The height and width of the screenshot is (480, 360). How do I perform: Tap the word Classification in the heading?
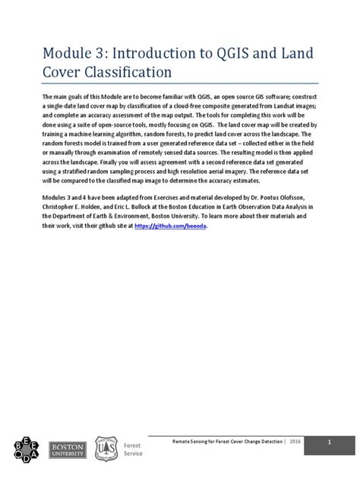tap(126, 74)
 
